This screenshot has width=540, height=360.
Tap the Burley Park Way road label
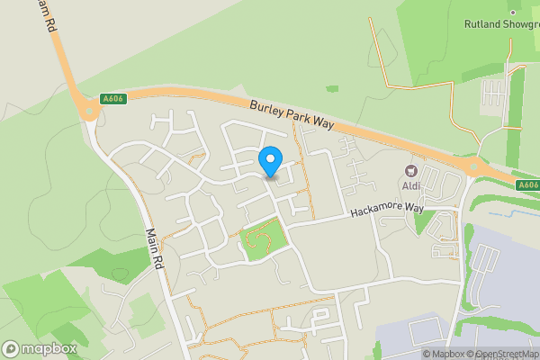coord(292,116)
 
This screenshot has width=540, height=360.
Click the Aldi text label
coord(411,186)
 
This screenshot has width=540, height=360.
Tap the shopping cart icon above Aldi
coord(412,171)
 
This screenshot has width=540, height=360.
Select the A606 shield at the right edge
coord(528,184)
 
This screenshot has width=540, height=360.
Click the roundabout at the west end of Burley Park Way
coord(89,110)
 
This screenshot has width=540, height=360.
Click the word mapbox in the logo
coord(49,348)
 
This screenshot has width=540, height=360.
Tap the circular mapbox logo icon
coord(12,348)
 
